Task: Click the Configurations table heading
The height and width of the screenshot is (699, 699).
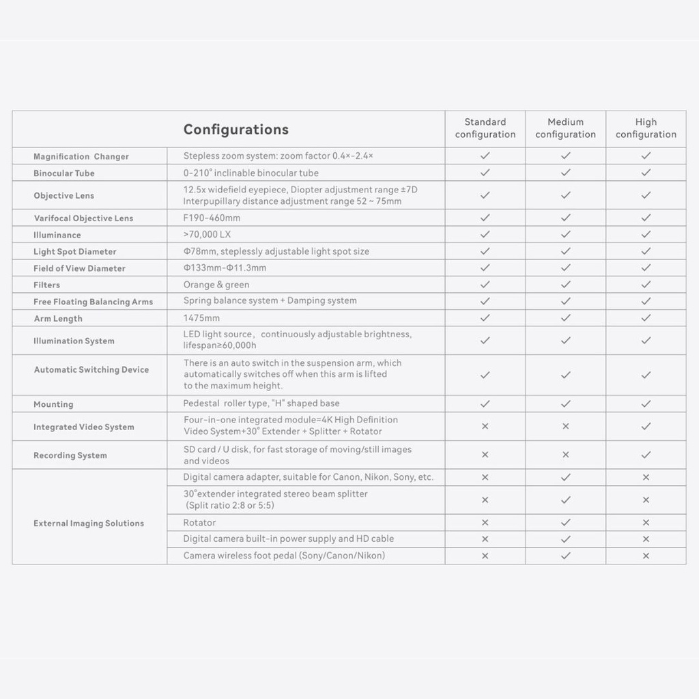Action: pyautogui.click(x=236, y=130)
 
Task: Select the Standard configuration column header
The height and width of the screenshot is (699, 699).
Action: pyautogui.click(x=485, y=128)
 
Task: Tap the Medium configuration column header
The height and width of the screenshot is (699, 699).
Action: pyautogui.click(x=565, y=128)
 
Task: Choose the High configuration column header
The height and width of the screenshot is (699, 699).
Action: pyautogui.click(x=646, y=128)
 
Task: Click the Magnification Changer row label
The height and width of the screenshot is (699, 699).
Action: pyautogui.click(x=81, y=156)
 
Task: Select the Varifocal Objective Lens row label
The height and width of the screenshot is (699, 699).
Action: pyautogui.click(x=83, y=218)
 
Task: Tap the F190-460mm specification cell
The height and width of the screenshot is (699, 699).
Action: pyautogui.click(x=212, y=218)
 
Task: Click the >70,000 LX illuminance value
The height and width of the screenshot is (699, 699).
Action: pyautogui.click(x=207, y=235)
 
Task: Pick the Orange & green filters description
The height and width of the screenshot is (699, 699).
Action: pyautogui.click(x=216, y=285)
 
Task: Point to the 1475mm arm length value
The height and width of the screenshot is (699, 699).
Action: pyautogui.click(x=201, y=318)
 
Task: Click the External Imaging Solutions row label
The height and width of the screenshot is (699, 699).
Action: pyautogui.click(x=89, y=524)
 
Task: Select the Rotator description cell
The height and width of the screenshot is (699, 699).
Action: pyautogui.click(x=199, y=523)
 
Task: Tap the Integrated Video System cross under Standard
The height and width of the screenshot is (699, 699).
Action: pyautogui.click(x=485, y=426)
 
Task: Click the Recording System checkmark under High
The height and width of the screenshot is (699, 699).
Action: pyautogui.click(x=646, y=455)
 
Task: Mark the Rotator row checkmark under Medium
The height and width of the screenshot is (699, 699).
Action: pyautogui.click(x=565, y=523)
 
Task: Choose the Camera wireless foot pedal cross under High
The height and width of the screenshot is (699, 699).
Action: pyautogui.click(x=646, y=556)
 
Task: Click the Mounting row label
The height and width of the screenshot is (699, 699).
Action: pyautogui.click(x=53, y=404)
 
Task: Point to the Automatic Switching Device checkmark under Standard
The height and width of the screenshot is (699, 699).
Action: pyautogui.click(x=485, y=375)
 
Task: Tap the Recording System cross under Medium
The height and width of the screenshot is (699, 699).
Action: pyautogui.click(x=565, y=455)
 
